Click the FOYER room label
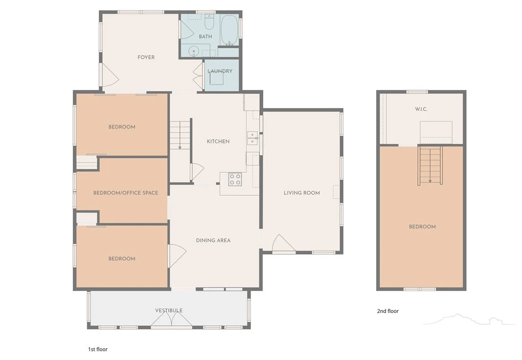click(146, 57)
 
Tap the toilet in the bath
click(209, 22)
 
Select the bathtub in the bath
click(229, 30)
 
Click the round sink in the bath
click(193, 51)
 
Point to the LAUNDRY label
click(220, 71)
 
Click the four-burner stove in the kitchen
click(235, 180)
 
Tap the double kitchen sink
click(252, 138)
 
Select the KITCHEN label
click(218, 141)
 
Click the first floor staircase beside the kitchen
click(180, 135)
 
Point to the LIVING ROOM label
click(302, 193)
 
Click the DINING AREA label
click(213, 240)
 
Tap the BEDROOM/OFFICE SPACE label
click(126, 193)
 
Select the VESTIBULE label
click(169, 311)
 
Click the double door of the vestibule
click(171, 320)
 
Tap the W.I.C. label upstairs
click(421, 109)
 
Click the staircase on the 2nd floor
click(430, 165)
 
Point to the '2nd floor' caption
click(388, 311)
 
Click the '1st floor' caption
click(98, 349)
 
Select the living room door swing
click(284, 243)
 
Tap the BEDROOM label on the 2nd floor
click(422, 226)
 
